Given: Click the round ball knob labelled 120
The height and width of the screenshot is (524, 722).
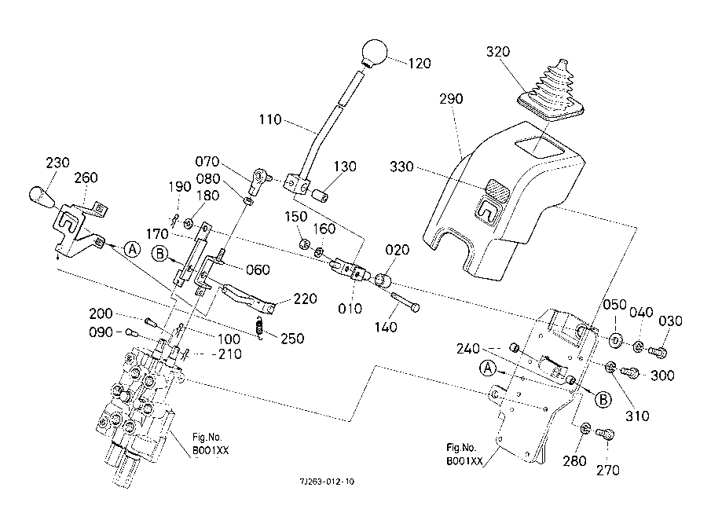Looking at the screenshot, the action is click(x=374, y=52).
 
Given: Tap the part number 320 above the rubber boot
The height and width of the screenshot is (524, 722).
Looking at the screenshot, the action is click(x=498, y=51).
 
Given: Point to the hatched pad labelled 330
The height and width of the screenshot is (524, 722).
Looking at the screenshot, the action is click(x=497, y=189).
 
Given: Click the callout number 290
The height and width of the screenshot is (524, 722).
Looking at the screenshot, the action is click(x=451, y=99).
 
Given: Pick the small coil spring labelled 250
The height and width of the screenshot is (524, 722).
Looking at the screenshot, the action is click(x=260, y=328).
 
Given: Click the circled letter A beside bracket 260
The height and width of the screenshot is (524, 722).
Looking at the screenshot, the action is click(x=133, y=249).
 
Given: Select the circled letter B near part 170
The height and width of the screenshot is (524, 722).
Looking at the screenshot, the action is click(x=159, y=255).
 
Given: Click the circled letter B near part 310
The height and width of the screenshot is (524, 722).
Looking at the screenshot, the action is click(x=603, y=399).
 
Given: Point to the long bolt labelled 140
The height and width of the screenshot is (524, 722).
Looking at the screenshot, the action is click(x=405, y=302).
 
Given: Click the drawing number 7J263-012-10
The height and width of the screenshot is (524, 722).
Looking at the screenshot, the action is click(x=327, y=482).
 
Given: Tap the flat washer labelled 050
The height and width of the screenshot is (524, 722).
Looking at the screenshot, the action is click(x=615, y=340).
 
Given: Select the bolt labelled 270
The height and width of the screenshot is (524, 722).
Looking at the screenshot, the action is click(x=606, y=433).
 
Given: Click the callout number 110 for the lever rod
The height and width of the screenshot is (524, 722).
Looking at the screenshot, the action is click(x=270, y=119).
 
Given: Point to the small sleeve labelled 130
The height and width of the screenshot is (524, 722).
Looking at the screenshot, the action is click(x=321, y=196).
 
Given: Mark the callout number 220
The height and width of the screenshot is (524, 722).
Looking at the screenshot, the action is click(x=306, y=299).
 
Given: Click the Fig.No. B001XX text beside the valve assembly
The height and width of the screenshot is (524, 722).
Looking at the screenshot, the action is click(x=211, y=443).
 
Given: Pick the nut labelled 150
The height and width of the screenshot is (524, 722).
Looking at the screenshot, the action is click(x=303, y=244).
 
